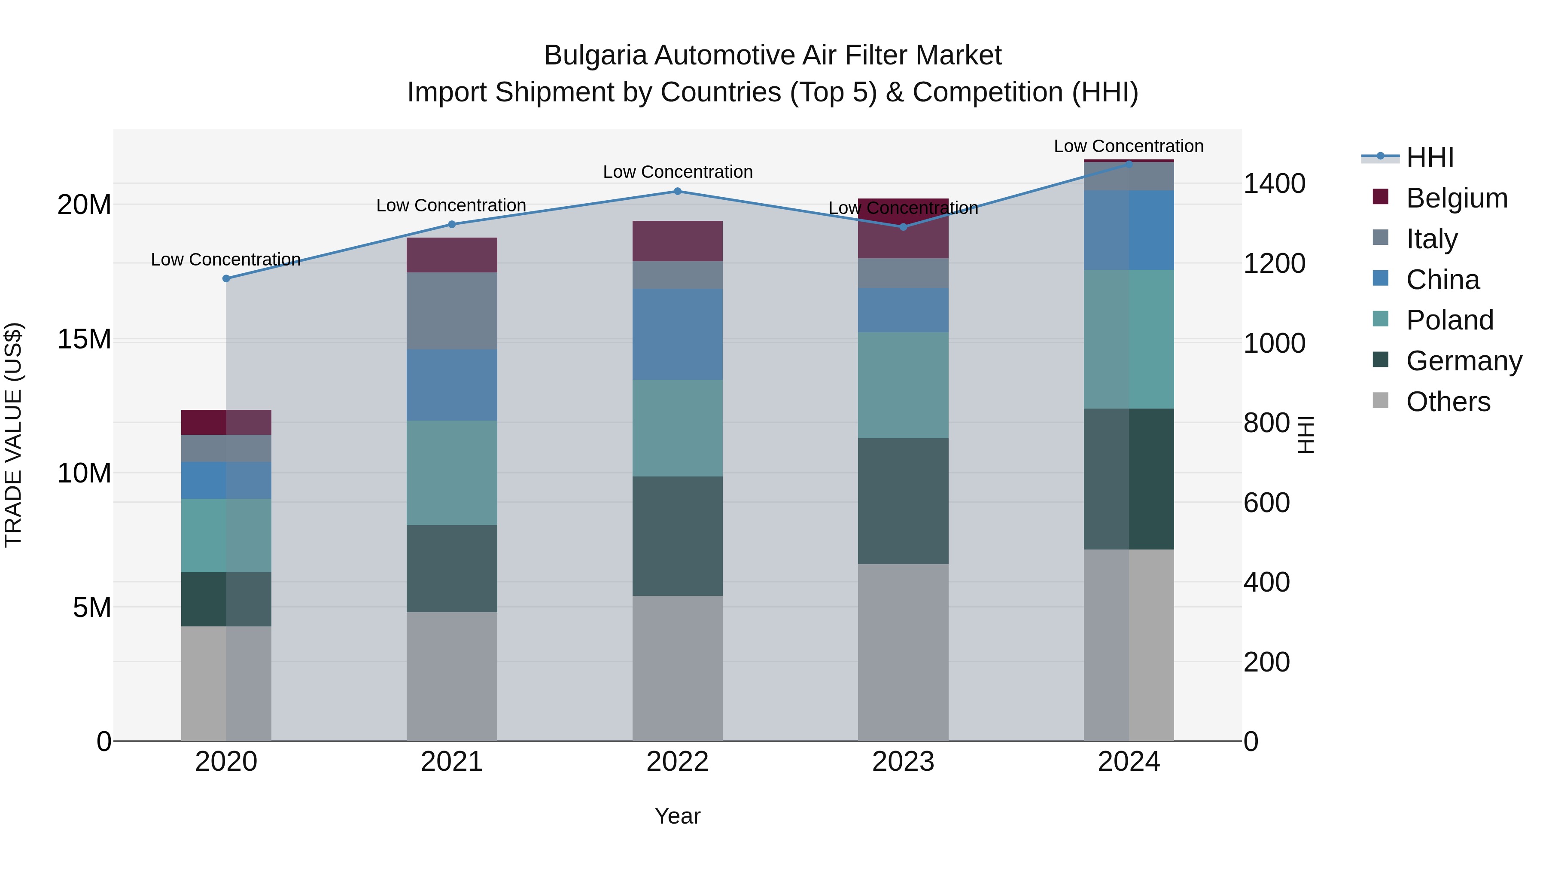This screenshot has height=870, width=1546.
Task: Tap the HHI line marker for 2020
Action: [226, 278]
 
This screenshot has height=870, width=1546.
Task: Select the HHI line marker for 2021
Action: [452, 225]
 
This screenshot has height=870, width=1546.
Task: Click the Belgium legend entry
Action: [1457, 198]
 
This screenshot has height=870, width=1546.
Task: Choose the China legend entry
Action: [1443, 280]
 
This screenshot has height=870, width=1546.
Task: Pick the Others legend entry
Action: [1448, 402]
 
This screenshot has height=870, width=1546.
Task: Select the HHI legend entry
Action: [1430, 157]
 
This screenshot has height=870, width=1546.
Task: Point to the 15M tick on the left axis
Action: [84, 339]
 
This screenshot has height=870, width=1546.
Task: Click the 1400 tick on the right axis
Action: [1274, 184]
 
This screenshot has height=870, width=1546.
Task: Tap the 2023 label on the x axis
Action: [903, 762]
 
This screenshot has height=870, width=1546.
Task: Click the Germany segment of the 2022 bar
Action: [678, 536]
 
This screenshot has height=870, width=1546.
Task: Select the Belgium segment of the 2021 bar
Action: [452, 255]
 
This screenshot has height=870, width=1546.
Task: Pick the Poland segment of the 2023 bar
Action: [903, 385]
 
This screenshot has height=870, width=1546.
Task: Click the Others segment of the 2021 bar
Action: [452, 677]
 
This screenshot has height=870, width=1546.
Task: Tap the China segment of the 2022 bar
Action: [678, 334]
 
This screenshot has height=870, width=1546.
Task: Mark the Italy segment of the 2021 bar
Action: [452, 311]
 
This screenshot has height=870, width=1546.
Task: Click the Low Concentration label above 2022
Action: [678, 172]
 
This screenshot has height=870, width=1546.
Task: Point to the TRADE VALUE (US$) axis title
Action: [13, 435]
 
